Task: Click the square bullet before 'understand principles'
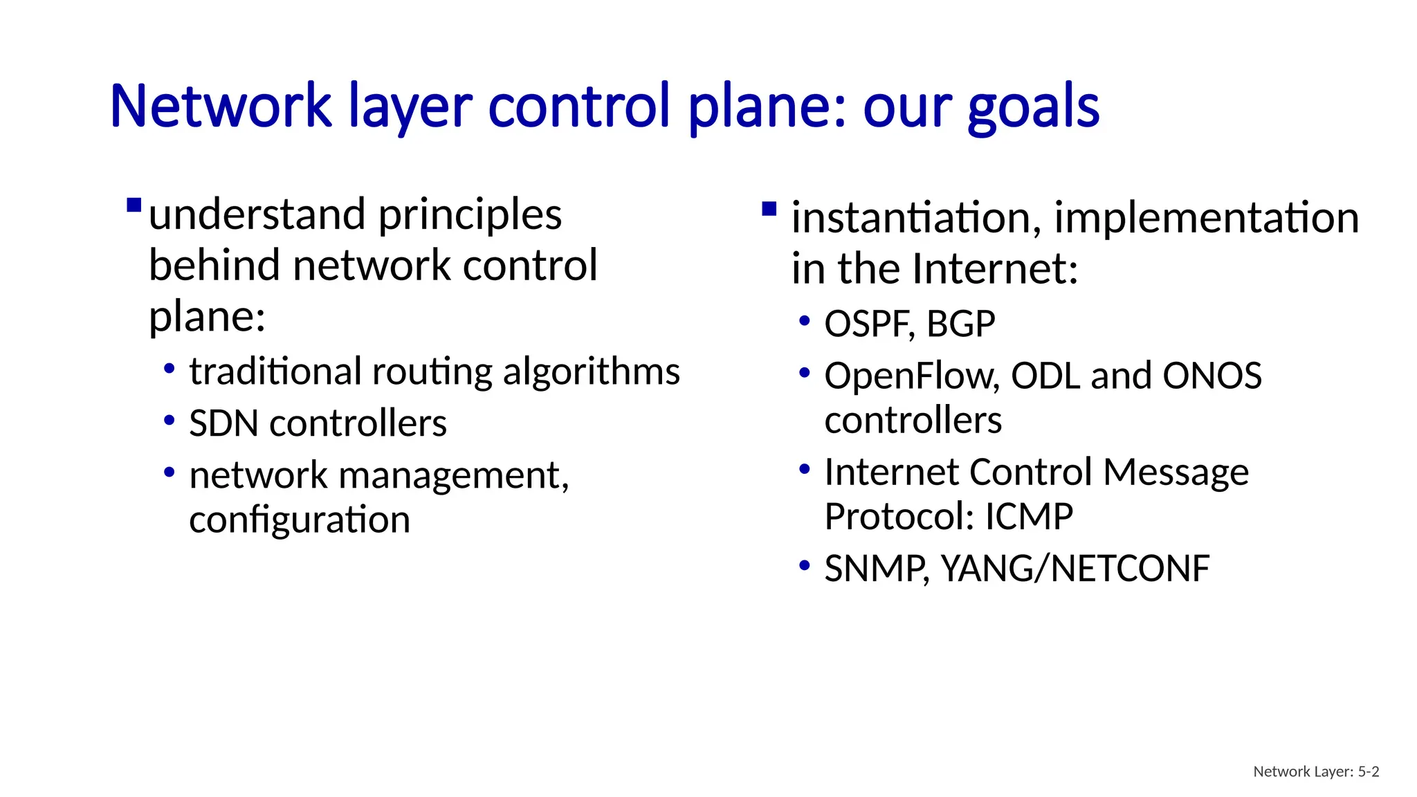(x=134, y=205)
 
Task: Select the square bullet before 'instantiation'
(x=769, y=209)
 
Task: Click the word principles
(x=470, y=215)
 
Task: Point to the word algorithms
(x=591, y=372)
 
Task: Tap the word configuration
(x=300, y=520)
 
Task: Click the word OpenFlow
(x=911, y=376)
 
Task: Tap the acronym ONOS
(x=1212, y=376)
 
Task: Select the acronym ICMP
(x=1029, y=517)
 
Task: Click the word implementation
(x=1206, y=218)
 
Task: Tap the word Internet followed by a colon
(x=995, y=269)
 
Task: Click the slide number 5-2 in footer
(x=1368, y=771)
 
